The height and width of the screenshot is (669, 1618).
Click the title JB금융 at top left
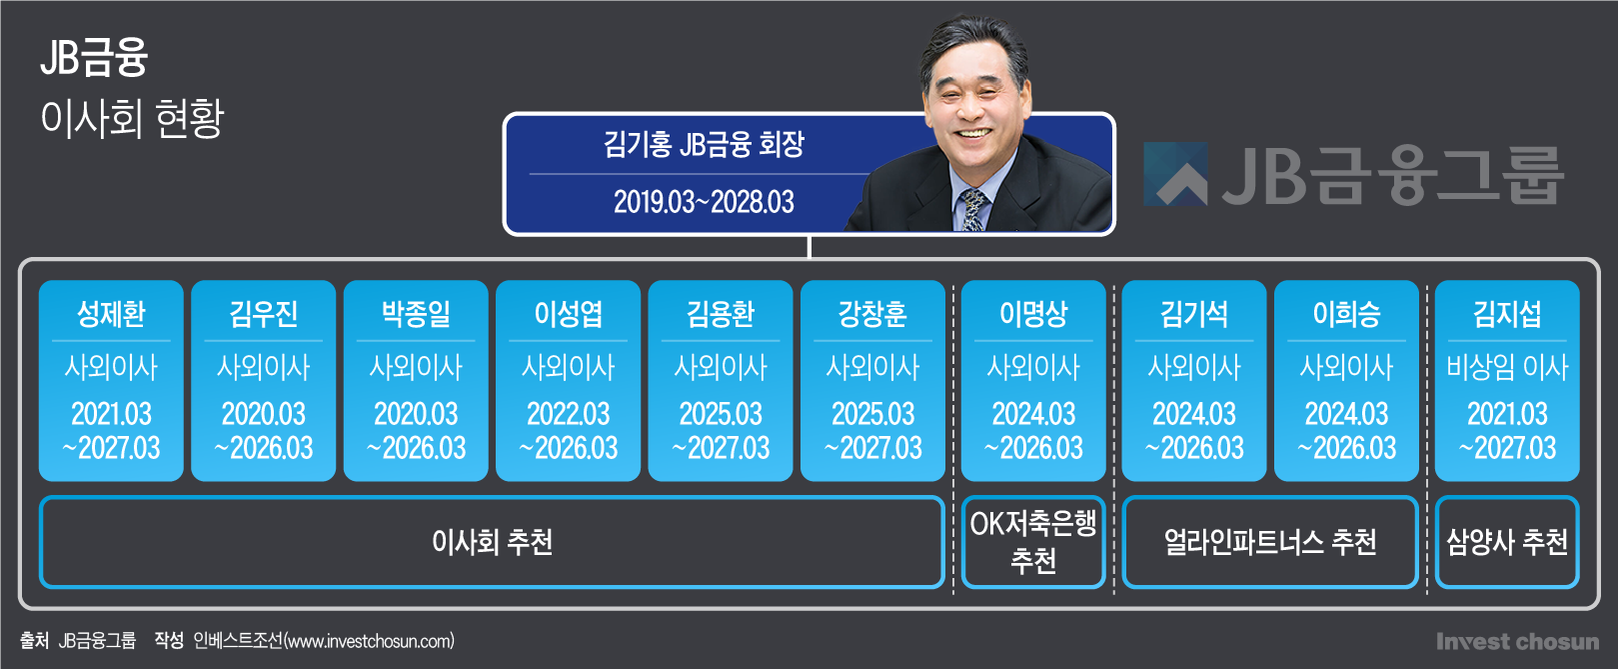tap(94, 57)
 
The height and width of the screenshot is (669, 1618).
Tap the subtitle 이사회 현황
tap(132, 118)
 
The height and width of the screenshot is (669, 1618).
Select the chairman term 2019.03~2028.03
tap(704, 202)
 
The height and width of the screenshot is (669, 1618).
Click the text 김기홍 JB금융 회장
tap(704, 144)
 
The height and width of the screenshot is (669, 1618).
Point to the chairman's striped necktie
tap(972, 210)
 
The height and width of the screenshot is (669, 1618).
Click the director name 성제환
tap(111, 314)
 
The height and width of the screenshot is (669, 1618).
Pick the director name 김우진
tap(264, 314)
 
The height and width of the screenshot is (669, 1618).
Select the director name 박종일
tap(416, 314)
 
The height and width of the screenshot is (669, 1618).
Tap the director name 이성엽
tap(569, 314)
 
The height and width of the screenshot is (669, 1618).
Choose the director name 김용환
tap(721, 314)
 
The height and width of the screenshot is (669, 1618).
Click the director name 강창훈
tap(873, 314)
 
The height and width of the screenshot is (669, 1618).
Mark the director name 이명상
tap(1033, 314)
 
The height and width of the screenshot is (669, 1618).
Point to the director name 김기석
tap(1194, 314)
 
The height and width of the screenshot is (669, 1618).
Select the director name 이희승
tap(1346, 314)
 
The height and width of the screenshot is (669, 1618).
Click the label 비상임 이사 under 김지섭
tap(1507, 368)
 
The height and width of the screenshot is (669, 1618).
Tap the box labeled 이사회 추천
tap(492, 542)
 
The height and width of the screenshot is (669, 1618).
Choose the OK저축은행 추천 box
tap(1033, 542)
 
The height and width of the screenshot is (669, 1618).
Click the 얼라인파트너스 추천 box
tap(1270, 542)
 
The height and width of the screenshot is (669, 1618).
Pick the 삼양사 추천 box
tap(1507, 542)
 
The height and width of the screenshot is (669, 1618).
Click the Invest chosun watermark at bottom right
tap(1518, 642)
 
